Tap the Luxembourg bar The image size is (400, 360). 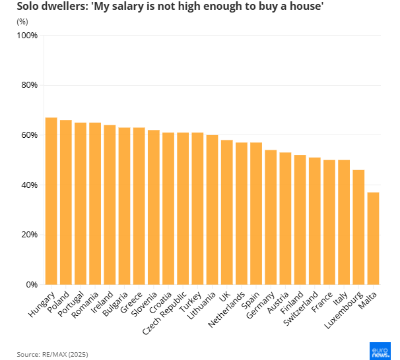(358, 227)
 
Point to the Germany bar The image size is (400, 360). (271, 218)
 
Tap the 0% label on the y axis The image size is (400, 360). (30, 285)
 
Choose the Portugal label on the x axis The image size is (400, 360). (70, 304)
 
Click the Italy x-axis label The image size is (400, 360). (341, 299)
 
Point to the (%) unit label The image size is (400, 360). (22, 21)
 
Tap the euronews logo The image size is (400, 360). (380, 351)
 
